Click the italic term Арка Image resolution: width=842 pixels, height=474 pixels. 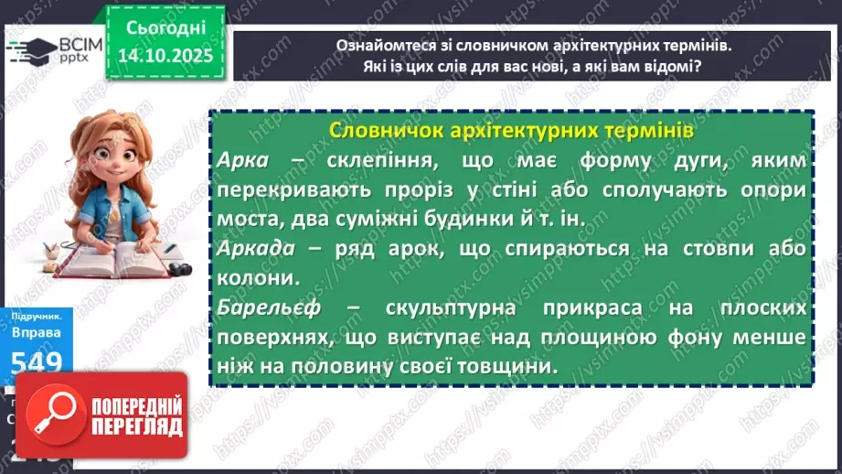pyautogui.click(x=243, y=160)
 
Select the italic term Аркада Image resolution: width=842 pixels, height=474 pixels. pyautogui.click(x=257, y=250)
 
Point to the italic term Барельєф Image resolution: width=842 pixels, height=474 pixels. pyautogui.click(x=264, y=308)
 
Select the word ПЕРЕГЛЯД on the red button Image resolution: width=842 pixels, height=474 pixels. pyautogui.click(x=134, y=428)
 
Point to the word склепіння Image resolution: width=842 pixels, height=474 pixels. pyautogui.click(x=378, y=160)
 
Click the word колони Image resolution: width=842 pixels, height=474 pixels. pyautogui.click(x=250, y=278)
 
